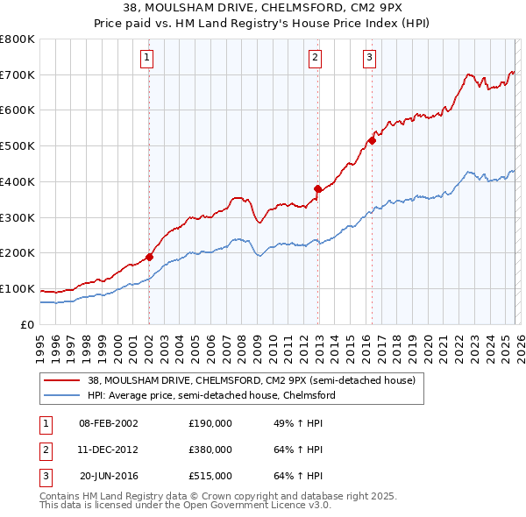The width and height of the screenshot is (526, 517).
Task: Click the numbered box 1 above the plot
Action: click(x=146, y=59)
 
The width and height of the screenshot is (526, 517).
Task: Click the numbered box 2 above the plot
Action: click(x=315, y=59)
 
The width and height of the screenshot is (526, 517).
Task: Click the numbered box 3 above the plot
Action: click(x=369, y=59)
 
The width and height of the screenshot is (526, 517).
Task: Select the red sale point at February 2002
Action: click(x=149, y=257)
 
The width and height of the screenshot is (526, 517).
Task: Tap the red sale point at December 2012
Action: click(x=317, y=188)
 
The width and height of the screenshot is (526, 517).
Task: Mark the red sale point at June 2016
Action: click(x=373, y=140)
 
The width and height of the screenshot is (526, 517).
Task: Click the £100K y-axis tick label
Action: click(x=18, y=289)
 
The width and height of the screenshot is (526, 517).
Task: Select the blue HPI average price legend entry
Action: click(x=210, y=395)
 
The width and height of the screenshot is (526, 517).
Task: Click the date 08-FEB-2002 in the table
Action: click(x=108, y=423)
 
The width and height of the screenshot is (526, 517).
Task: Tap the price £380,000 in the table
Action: click(x=210, y=450)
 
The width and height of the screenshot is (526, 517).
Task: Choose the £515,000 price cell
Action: click(x=210, y=476)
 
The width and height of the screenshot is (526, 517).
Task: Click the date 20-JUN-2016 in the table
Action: click(x=108, y=476)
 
